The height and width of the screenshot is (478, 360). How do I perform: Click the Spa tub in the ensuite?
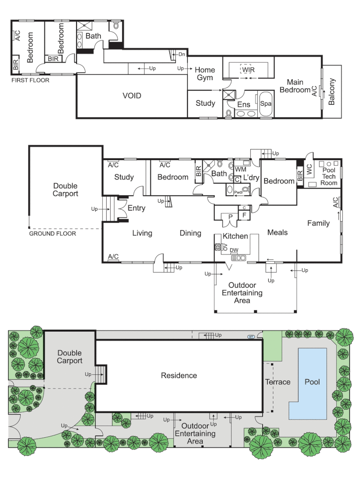[x=266, y=104]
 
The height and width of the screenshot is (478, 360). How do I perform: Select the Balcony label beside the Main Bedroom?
[x=333, y=92]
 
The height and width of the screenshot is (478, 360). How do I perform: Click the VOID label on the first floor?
[x=132, y=96]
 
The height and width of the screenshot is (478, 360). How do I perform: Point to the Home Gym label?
[x=205, y=73]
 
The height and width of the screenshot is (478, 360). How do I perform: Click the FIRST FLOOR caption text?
[x=31, y=81]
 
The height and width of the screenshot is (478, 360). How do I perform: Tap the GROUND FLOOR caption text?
[x=53, y=233]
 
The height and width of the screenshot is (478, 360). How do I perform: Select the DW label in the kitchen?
[x=234, y=251]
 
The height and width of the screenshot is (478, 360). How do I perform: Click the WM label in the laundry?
[x=240, y=170]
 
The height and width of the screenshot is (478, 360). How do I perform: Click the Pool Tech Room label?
[x=329, y=176]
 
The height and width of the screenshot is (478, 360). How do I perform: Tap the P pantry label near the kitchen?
[x=230, y=216]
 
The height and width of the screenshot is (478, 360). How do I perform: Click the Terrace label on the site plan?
[x=277, y=382]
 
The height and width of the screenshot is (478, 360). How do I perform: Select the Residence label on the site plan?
[x=179, y=375]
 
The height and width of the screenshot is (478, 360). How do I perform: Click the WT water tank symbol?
[x=251, y=337]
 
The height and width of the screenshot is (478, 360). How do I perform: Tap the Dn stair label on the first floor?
[x=182, y=54]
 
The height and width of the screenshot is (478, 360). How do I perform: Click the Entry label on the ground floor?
[x=136, y=208]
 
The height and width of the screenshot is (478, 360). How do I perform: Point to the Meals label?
[x=278, y=232]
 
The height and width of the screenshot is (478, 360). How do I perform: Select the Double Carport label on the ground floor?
[x=66, y=190]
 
